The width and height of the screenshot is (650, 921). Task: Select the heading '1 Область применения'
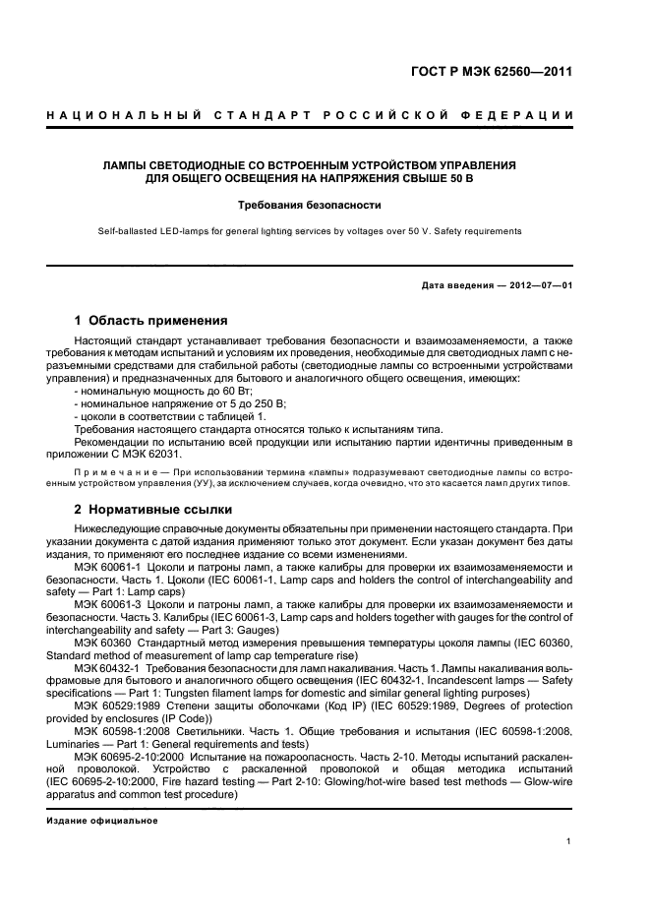[x=151, y=321]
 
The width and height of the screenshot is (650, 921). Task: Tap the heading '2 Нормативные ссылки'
[x=154, y=510]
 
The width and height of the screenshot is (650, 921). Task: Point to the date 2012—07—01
[x=540, y=285]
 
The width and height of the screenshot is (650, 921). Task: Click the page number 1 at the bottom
[x=569, y=841]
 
